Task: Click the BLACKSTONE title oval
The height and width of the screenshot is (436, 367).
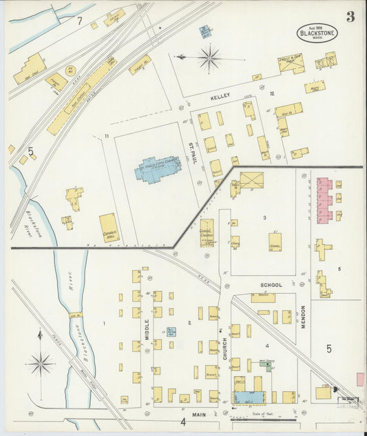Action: tap(317, 32)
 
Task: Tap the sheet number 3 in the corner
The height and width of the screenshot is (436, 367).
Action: tap(350, 17)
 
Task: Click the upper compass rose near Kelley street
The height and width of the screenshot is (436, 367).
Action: tap(209, 58)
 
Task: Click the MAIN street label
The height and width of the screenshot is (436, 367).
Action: tap(200, 414)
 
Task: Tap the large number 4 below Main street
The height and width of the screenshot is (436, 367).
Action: tap(183, 422)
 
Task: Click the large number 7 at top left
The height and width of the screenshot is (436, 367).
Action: tap(79, 22)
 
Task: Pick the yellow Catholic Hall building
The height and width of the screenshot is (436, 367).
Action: tap(108, 228)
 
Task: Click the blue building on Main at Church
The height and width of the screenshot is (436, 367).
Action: tap(244, 397)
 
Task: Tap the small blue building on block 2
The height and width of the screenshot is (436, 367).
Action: tap(171, 332)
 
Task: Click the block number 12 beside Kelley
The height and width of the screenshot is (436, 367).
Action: tap(273, 94)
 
